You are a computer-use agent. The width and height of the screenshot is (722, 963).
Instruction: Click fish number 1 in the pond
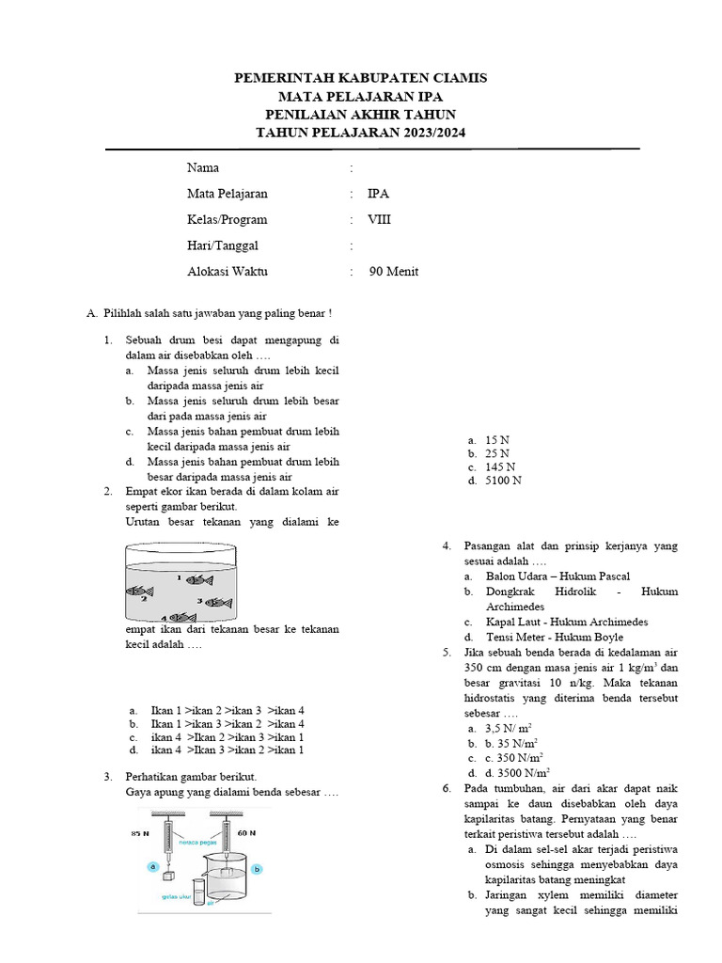point(200,579)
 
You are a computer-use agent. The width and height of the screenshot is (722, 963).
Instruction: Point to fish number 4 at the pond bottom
point(181,617)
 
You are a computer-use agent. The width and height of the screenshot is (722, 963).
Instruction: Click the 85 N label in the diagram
point(141,833)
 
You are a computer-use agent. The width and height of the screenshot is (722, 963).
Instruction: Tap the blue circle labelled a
point(149,864)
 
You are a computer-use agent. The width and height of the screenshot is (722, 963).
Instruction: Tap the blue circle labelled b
point(257,869)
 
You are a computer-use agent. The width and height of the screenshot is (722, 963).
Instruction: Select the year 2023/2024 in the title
point(429,134)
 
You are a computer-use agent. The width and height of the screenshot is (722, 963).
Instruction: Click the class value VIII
point(380,220)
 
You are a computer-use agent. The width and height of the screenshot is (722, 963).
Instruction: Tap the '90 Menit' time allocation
point(394,272)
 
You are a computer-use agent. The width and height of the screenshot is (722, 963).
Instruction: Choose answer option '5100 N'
point(503,481)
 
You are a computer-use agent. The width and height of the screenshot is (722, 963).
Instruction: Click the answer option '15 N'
point(497,439)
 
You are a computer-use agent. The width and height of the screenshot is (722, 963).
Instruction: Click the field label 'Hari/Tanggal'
point(222,245)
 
